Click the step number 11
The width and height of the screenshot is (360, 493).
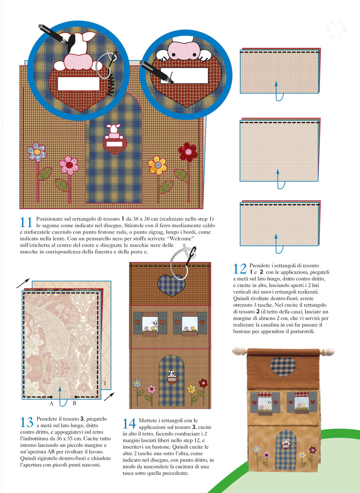pos(26,222)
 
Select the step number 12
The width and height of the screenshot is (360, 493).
pos(239,269)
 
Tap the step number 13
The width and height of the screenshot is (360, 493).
pos(27,422)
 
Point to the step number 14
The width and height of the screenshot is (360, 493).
pos(129,424)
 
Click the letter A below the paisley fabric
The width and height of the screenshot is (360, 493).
pos(51,403)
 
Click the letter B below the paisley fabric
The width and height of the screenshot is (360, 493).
pos(75,403)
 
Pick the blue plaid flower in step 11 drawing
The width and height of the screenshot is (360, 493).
pos(37,152)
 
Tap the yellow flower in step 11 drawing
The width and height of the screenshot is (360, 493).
pos(157,165)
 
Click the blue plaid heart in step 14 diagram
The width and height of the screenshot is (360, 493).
pos(171,285)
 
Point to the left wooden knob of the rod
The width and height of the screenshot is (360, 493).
pos(239,351)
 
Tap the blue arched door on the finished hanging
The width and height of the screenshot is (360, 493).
pos(286,450)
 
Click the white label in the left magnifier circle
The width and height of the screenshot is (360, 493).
pos(78,84)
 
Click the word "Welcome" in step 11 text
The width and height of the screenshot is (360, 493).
pos(181,238)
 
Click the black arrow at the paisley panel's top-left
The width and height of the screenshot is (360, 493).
pos(23,283)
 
